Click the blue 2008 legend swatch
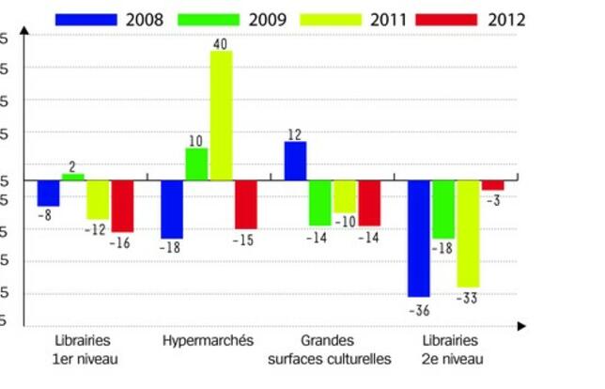click(86, 18)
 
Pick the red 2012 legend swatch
click(452, 18)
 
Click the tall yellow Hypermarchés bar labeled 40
click(221, 115)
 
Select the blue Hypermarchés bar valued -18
click(172, 209)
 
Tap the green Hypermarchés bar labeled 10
click(196, 163)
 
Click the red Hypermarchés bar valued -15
click(246, 204)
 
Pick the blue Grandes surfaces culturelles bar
click(295, 160)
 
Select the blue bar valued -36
click(418, 238)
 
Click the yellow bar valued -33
click(468, 233)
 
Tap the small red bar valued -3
click(493, 184)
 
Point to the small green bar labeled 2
click(73, 177)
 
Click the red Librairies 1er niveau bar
click(122, 206)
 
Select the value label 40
click(221, 43)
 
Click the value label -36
click(419, 308)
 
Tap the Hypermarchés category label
click(208, 340)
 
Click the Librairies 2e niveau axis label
click(450, 349)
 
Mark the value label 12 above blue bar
click(295, 133)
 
